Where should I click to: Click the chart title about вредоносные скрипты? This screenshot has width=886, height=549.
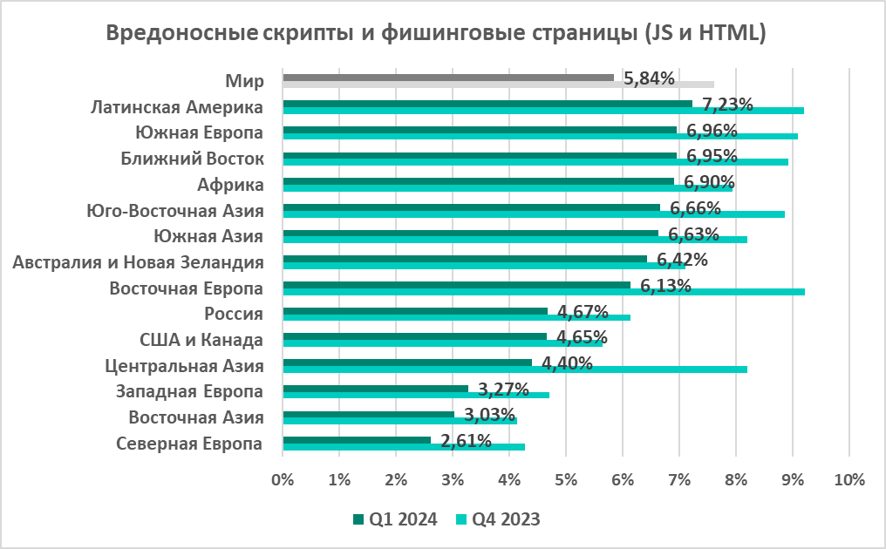click(x=435, y=34)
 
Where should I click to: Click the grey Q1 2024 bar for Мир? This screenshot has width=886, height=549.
click(x=448, y=78)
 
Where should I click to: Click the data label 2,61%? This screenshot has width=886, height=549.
click(x=467, y=440)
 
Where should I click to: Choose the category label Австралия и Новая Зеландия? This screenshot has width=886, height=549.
click(x=140, y=261)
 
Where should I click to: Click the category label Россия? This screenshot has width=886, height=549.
click(x=234, y=314)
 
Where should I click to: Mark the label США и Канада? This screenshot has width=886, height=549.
click(x=201, y=340)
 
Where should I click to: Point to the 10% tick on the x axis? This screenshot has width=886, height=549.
click(x=849, y=479)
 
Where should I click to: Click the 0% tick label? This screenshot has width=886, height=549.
click(x=283, y=479)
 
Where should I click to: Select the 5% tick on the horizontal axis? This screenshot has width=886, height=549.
click(x=565, y=479)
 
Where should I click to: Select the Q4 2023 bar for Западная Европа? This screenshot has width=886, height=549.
click(x=416, y=396)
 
